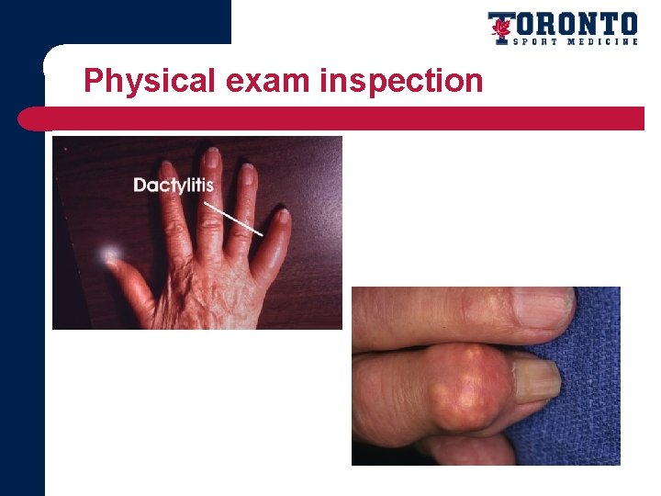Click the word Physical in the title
click(x=148, y=82)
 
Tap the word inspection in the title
click(x=401, y=82)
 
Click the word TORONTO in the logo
click(x=575, y=23)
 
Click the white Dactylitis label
click(x=174, y=185)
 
